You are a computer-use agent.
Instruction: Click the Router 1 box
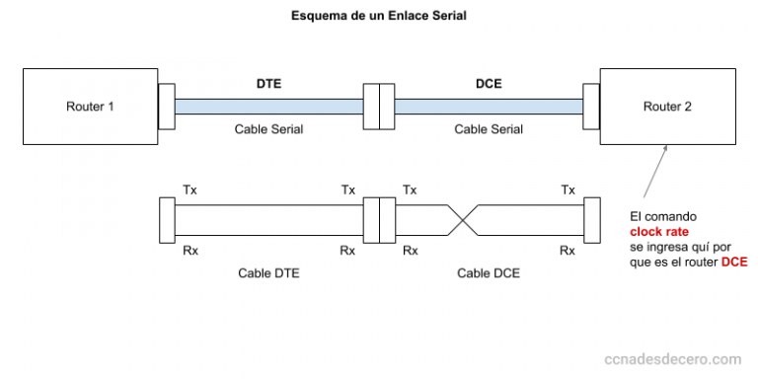(90, 107)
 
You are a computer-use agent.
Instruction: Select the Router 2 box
(667, 107)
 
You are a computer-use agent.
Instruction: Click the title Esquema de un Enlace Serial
(378, 17)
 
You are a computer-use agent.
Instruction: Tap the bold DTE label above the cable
(268, 84)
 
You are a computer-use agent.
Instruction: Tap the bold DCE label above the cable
(488, 84)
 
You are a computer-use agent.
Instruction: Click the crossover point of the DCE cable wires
(461, 219)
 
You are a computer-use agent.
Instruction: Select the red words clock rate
(659, 232)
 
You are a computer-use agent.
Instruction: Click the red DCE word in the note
(734, 262)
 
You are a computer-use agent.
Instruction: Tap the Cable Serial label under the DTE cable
(268, 128)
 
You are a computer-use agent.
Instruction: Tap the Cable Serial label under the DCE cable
(488, 128)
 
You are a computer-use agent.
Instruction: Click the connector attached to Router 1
(166, 106)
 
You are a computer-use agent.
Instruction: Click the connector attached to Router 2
(591, 106)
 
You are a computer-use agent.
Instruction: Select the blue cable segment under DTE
(268, 106)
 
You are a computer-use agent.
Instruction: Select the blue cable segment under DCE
(488, 106)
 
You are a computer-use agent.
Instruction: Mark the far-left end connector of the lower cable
(166, 219)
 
